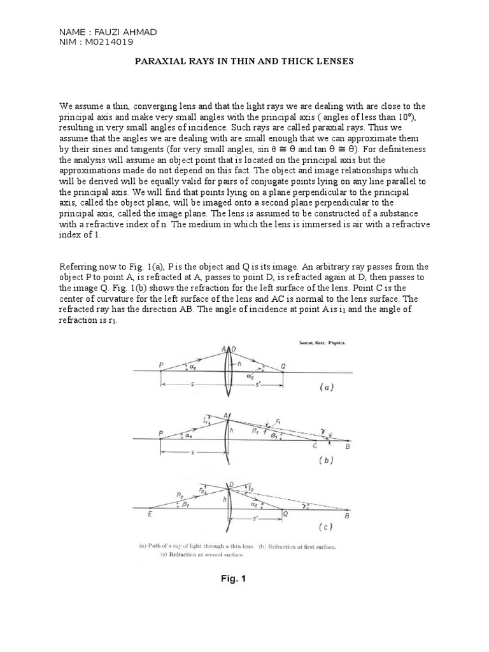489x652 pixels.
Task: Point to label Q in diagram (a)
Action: [x=285, y=367]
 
